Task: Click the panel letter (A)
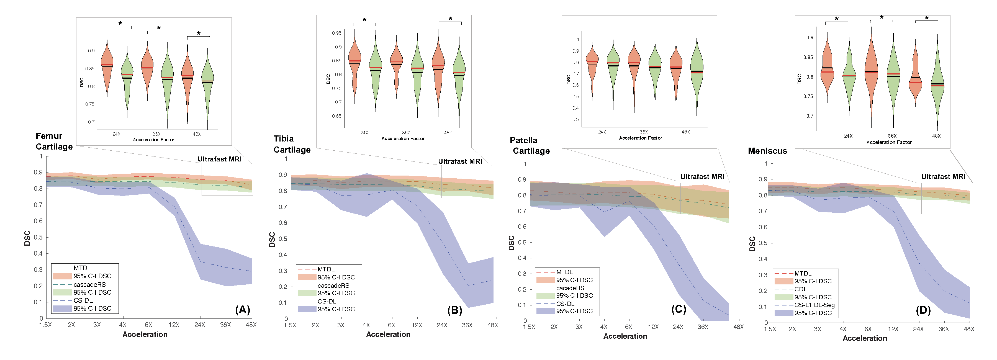(x=243, y=310)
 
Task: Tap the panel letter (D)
(x=923, y=310)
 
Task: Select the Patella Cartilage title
(x=530, y=146)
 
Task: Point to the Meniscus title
(x=767, y=151)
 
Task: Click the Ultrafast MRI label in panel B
(x=460, y=161)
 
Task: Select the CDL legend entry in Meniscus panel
(x=800, y=289)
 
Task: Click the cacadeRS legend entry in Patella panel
(x=570, y=288)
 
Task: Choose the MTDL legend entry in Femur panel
(x=82, y=268)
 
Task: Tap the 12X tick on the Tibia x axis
(x=417, y=325)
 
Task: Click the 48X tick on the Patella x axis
(x=738, y=327)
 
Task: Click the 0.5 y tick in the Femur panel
(x=38, y=237)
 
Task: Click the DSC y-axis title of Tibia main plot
(x=272, y=240)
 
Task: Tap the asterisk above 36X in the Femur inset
(x=159, y=28)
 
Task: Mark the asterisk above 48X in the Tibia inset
(x=450, y=19)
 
